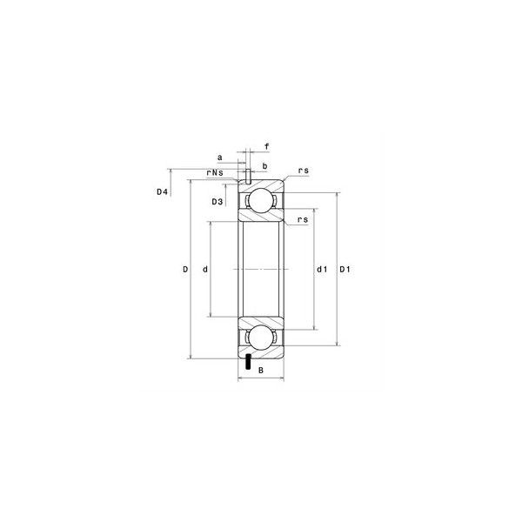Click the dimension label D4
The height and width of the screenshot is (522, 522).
[162, 191]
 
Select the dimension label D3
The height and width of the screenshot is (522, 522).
[217, 202]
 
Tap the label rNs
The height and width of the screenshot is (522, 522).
[215, 172]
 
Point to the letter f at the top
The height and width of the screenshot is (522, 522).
[267, 146]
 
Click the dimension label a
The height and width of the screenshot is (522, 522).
[219, 157]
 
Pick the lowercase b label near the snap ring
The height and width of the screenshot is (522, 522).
[265, 166]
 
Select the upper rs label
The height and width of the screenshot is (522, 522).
[304, 171]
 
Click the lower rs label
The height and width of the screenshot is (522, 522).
[303, 219]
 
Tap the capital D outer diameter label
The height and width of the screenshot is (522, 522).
[185, 270]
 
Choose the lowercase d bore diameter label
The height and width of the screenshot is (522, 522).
[205, 270]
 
